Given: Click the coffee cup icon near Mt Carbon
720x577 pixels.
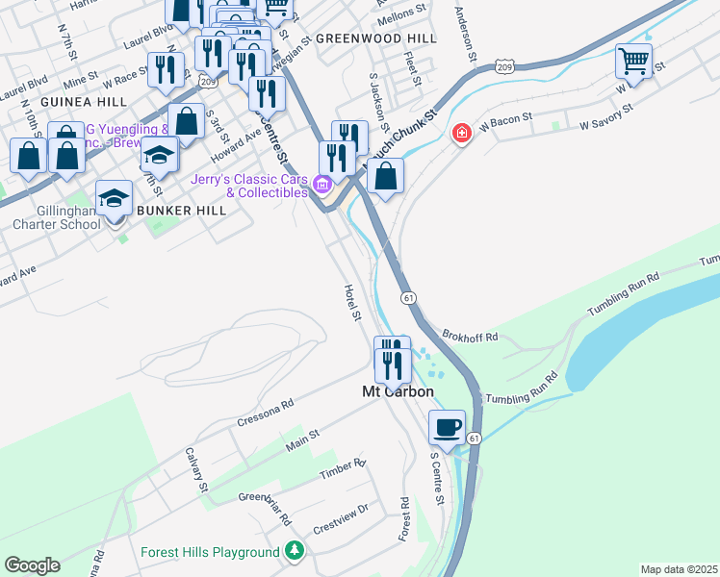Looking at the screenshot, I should [x=448, y=426].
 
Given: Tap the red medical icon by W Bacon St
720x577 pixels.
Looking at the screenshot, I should [x=462, y=132].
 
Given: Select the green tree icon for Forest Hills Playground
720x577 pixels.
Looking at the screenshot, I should [x=296, y=552].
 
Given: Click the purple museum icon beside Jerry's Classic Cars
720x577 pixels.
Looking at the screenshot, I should [x=322, y=183].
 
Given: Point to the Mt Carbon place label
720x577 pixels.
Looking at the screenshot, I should [x=398, y=392].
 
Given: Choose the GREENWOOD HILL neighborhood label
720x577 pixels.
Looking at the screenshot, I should [x=375, y=38].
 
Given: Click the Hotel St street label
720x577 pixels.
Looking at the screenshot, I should [x=352, y=302].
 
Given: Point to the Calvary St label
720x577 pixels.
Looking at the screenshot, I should [x=196, y=470].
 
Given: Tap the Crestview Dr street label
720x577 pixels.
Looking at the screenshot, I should [x=342, y=518].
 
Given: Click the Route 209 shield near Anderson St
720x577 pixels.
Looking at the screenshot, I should [x=505, y=65].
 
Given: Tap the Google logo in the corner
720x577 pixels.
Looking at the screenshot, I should [x=32, y=565].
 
